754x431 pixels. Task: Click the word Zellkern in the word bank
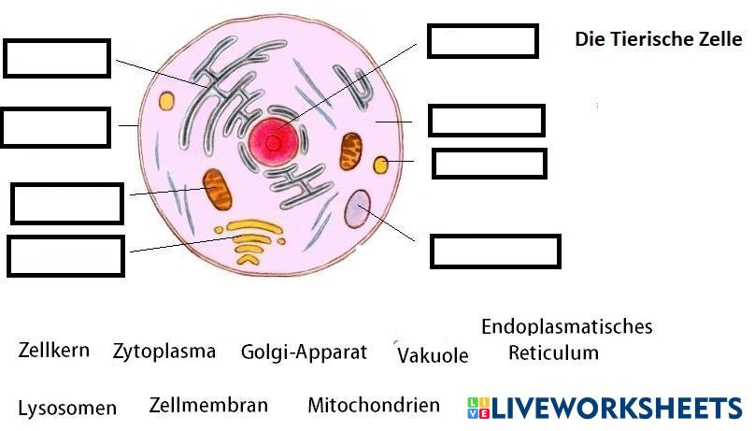click(54, 351)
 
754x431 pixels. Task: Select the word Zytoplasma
click(164, 352)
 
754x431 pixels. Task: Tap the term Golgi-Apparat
click(304, 352)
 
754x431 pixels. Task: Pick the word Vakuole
click(433, 355)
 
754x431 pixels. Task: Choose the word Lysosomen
click(67, 408)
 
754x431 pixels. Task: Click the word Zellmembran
click(208, 405)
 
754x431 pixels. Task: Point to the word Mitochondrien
click(373, 405)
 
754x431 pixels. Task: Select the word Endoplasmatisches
click(566, 326)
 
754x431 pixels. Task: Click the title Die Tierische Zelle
click(658, 39)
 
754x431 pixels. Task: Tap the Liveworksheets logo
click(605, 408)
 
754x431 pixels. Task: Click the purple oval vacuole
click(357, 209)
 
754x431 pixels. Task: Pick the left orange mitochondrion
click(219, 189)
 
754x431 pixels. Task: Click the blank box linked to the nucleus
click(482, 41)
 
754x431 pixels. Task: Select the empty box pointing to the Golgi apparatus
click(65, 256)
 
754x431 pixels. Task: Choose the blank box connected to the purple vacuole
click(494, 251)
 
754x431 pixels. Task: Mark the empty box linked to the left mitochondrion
click(66, 204)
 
